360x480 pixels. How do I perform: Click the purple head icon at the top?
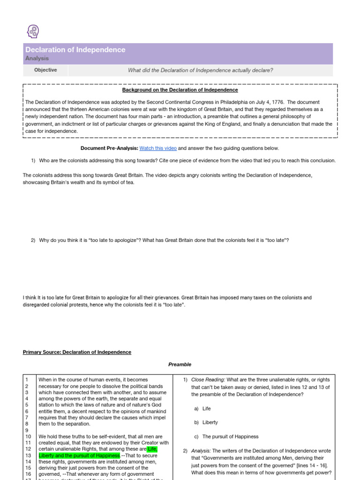click(x=33, y=31)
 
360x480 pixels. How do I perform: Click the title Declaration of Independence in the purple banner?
click(x=75, y=50)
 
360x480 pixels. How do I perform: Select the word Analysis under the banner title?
click(x=37, y=59)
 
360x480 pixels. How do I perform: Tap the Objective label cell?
click(x=45, y=70)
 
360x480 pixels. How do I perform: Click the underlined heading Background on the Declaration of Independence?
click(x=180, y=90)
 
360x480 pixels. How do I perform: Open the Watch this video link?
click(x=158, y=148)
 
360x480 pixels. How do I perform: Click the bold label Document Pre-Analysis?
click(x=109, y=148)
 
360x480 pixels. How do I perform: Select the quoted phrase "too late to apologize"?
click(x=109, y=240)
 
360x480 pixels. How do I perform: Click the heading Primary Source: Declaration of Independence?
click(x=77, y=352)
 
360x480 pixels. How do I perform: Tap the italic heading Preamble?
click(x=180, y=364)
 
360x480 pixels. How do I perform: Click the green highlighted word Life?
click(x=152, y=449)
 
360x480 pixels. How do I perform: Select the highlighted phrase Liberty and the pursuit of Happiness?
click(x=79, y=456)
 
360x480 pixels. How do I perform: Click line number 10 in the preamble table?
click(x=28, y=436)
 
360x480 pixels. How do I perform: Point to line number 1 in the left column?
click(x=27, y=380)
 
